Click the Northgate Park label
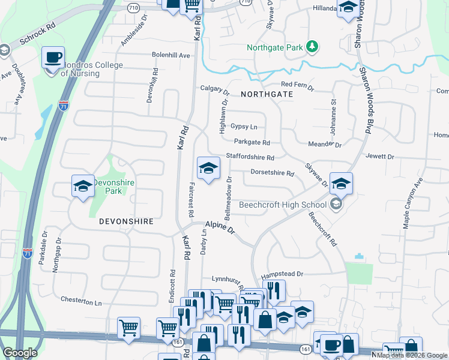276,47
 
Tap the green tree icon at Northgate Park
312,46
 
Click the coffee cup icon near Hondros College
53,58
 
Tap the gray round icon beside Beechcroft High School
336,205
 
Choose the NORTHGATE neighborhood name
267,94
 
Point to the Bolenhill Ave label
170,55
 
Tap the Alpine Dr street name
220,227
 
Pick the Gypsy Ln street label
244,127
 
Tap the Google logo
20,353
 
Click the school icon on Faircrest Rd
208,168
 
